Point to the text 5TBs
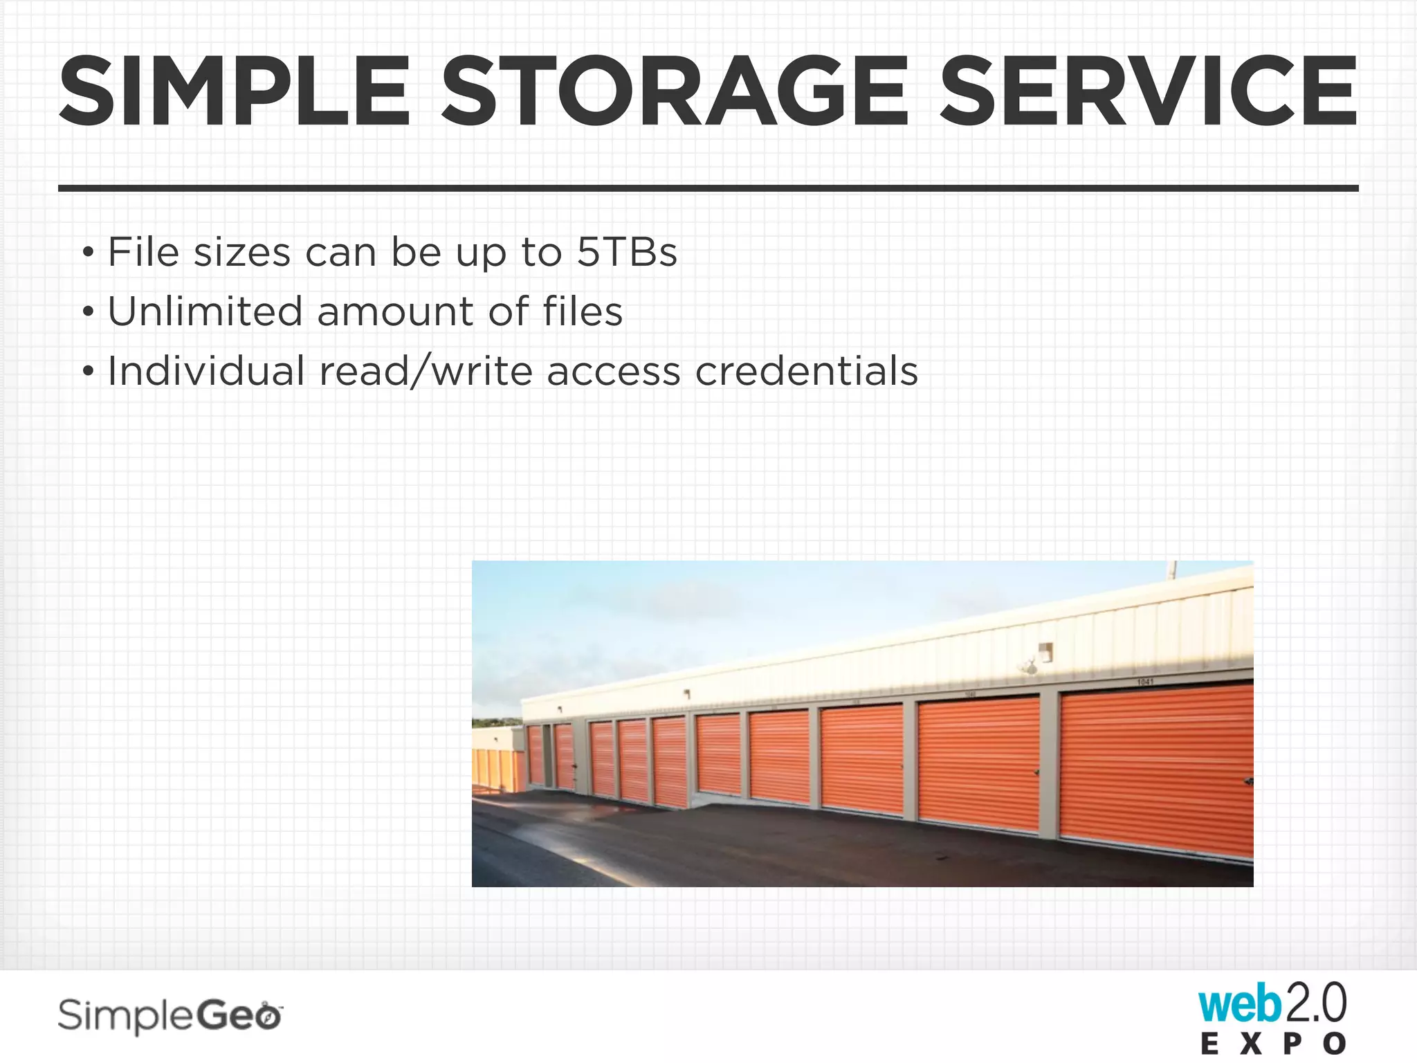[x=627, y=252]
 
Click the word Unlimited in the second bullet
[x=205, y=311]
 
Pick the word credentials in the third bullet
[x=806, y=371]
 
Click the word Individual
[x=206, y=371]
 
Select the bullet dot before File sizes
[x=87, y=253]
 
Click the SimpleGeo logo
[x=170, y=1016]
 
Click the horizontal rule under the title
[x=708, y=188]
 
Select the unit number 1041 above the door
[x=1145, y=682]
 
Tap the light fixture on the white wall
[x=1045, y=652]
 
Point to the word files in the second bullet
[x=583, y=311]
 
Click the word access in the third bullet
[x=614, y=372]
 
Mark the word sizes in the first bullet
[x=241, y=252]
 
